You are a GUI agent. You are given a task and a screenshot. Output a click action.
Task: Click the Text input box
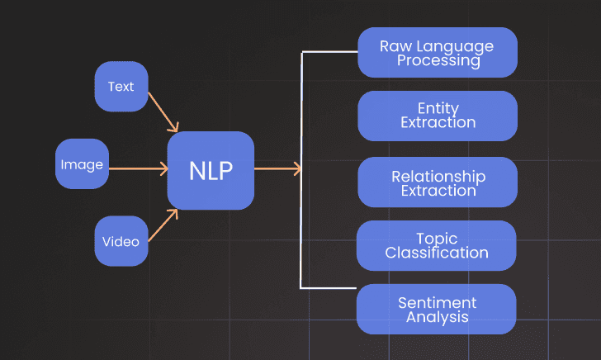(121, 86)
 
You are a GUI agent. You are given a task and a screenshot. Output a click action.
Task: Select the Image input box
(82, 163)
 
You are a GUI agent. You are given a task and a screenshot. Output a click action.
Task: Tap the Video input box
(121, 241)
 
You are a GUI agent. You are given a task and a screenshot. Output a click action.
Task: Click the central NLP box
(211, 171)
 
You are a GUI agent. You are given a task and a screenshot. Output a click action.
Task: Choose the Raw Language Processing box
(438, 53)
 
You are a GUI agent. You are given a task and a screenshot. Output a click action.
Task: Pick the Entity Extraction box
(438, 116)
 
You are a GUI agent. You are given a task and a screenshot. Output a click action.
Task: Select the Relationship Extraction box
(438, 182)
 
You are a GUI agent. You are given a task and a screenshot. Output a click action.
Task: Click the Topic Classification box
(436, 246)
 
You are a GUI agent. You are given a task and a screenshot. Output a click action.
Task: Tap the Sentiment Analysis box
(436, 310)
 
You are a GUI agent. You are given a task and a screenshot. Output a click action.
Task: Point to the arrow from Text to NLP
(163, 112)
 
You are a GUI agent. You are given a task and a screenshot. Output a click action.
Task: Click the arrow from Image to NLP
(139, 168)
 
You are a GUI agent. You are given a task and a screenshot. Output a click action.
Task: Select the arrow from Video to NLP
(163, 225)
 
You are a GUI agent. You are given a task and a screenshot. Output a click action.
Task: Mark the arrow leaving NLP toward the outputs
(277, 168)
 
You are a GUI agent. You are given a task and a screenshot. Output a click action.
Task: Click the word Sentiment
(438, 303)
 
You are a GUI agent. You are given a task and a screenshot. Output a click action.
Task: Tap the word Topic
(437, 239)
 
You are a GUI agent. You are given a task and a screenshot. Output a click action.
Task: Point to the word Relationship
(438, 177)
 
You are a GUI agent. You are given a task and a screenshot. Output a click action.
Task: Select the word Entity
(438, 108)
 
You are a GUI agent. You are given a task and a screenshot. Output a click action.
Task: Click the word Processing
(438, 60)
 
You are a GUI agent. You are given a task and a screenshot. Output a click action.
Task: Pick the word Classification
(437, 253)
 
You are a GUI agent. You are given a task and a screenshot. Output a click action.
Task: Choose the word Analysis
(438, 317)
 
